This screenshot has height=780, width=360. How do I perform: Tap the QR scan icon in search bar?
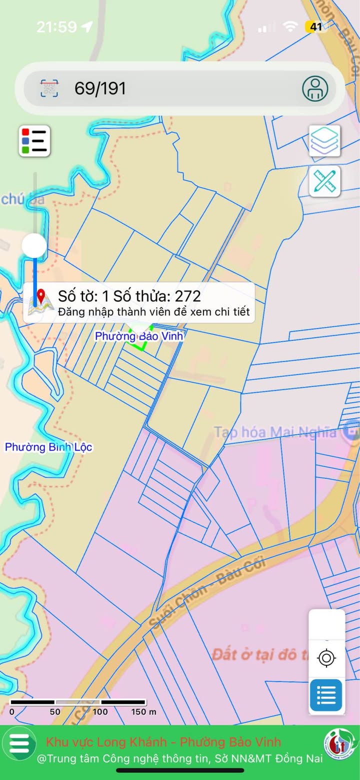click(49, 88)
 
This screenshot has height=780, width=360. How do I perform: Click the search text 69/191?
click(100, 88)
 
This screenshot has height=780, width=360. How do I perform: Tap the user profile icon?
click(315, 88)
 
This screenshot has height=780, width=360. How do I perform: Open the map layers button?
click(324, 140)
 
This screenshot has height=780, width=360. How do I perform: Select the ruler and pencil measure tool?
click(324, 181)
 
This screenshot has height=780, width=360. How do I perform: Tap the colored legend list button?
click(34, 141)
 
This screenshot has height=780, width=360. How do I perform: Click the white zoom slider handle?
click(34, 245)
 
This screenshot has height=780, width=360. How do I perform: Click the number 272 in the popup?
click(187, 296)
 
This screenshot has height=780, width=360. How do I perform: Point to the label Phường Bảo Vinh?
click(139, 336)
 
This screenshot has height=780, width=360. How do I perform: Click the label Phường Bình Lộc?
click(48, 447)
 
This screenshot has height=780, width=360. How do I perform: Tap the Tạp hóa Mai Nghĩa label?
click(275, 432)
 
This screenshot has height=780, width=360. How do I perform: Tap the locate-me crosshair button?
click(326, 658)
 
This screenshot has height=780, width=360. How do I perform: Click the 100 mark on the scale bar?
click(100, 711)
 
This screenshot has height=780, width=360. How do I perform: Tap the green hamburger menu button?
click(19, 743)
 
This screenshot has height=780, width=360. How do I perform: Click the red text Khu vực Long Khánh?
click(108, 741)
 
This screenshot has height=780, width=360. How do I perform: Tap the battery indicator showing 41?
click(316, 26)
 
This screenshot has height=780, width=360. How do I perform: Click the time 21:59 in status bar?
click(56, 26)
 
